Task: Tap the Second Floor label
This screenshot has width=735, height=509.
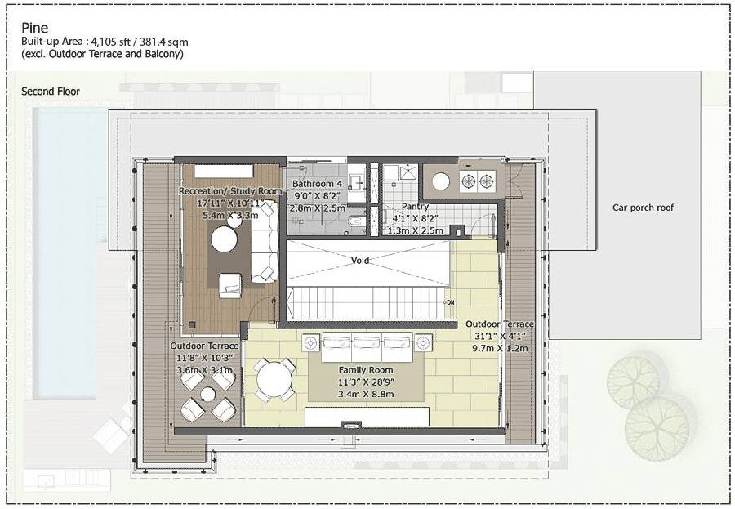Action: click(51, 92)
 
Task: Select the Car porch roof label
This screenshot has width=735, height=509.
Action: click(644, 208)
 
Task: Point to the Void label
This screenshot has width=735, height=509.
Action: click(362, 261)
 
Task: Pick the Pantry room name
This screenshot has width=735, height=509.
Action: click(415, 207)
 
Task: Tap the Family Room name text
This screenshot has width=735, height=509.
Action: click(365, 370)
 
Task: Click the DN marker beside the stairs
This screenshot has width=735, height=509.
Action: click(449, 302)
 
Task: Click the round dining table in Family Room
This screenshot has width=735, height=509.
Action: click(270, 379)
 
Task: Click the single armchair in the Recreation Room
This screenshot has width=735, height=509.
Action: click(229, 283)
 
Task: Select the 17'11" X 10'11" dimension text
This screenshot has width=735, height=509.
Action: click(229, 203)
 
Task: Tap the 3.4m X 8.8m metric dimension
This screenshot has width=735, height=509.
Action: click(365, 395)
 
